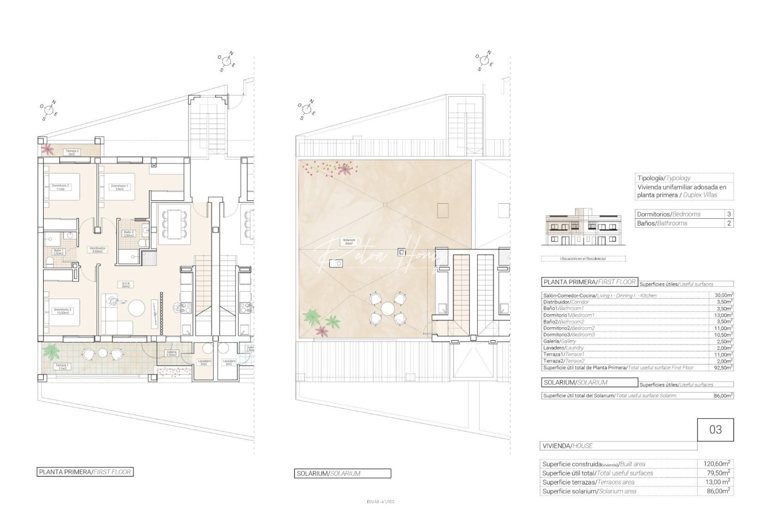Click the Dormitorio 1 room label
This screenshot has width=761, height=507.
pos(119,187)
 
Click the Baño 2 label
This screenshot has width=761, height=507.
pos(129,234)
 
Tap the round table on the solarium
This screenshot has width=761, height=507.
pos(387,308)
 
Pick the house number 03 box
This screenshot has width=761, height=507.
pos(715,430)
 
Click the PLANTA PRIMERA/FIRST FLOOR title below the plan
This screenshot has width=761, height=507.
pos(85,472)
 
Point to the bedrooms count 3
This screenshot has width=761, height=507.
pos(729,214)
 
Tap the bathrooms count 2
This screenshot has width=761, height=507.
pos(729,223)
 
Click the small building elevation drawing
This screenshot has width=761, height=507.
pos(583,230)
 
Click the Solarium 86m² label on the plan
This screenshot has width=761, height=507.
pos(349,242)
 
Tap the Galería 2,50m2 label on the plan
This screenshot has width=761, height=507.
pos(171,353)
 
